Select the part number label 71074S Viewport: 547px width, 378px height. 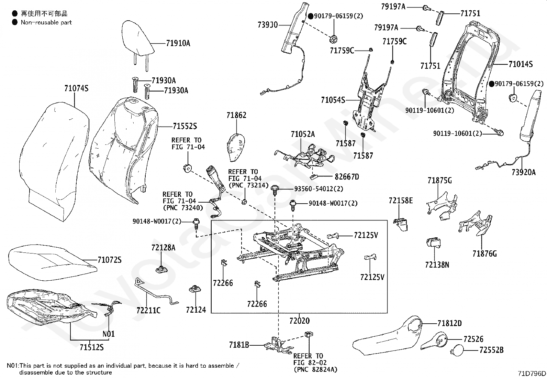pyautogui.click(x=76, y=88)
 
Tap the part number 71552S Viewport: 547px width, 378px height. pyautogui.click(x=185, y=126)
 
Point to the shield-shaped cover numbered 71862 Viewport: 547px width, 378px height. pyautogui.click(x=237, y=147)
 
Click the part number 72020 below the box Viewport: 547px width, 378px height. pyautogui.click(x=299, y=321)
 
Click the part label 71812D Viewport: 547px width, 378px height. pyautogui.click(x=449, y=323)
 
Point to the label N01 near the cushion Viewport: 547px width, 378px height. pyautogui.click(x=109, y=334)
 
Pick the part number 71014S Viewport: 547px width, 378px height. pyautogui.click(x=521, y=64)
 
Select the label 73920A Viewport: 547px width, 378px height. pyautogui.click(x=523, y=173)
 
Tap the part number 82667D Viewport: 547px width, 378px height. pyautogui.click(x=347, y=177)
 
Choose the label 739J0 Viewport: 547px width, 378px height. pyautogui.click(x=268, y=25)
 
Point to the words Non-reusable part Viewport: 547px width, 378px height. pyautogui.click(x=46, y=22)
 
